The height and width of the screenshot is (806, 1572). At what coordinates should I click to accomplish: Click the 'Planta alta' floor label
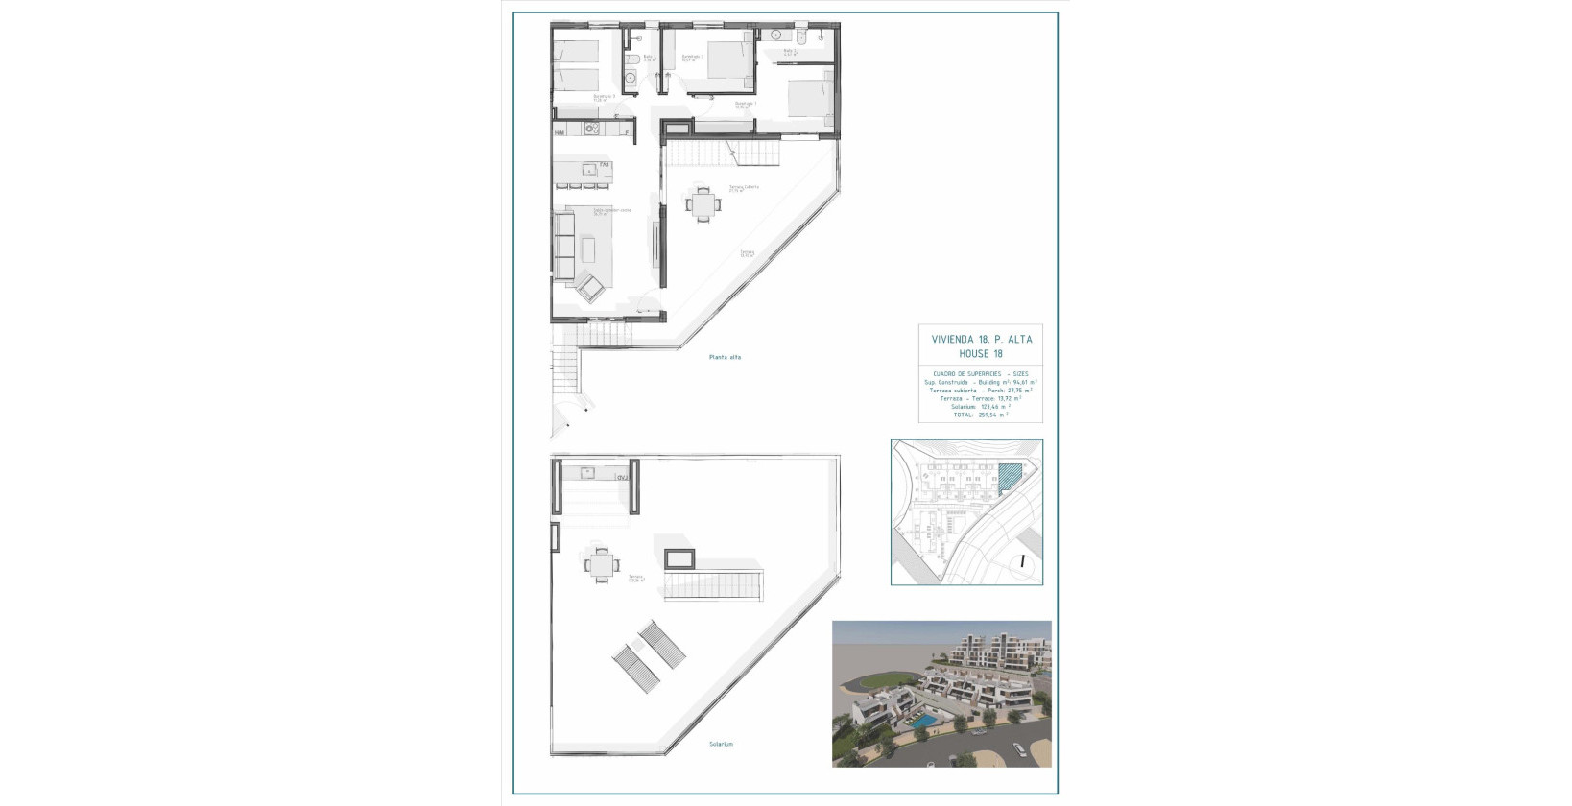(x=725, y=357)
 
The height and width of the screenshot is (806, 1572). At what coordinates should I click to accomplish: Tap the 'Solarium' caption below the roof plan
(x=721, y=744)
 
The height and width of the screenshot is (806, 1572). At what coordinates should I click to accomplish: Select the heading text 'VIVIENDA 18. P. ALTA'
(x=981, y=339)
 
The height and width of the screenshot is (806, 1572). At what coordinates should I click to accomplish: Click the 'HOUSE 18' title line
(x=981, y=353)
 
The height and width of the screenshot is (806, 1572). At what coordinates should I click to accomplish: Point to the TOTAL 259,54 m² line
(x=980, y=415)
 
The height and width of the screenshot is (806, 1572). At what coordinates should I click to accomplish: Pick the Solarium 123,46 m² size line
(x=980, y=407)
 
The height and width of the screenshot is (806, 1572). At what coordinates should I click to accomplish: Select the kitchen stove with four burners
(x=592, y=129)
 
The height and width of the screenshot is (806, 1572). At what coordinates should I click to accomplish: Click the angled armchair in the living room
(x=587, y=287)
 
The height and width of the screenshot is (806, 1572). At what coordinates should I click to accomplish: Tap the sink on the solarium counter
(x=587, y=471)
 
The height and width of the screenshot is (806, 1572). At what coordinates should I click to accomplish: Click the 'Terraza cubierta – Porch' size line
(x=980, y=391)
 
